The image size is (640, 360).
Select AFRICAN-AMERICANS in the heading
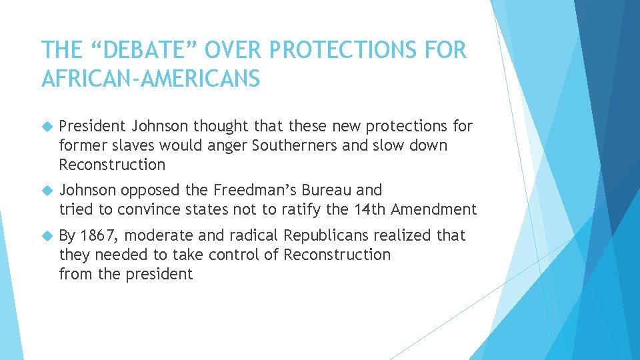(x=150, y=79)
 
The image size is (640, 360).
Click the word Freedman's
(x=251, y=190)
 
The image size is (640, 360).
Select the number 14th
(x=369, y=209)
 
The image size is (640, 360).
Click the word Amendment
(x=434, y=209)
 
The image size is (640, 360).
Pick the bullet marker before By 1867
(x=46, y=236)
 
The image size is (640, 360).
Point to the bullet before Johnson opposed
(x=46, y=191)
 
